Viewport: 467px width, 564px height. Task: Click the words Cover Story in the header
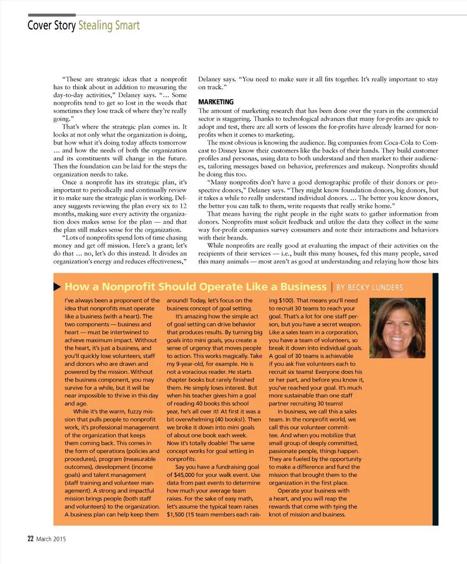pyautogui.click(x=52, y=25)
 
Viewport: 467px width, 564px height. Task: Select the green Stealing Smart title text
pyautogui.click(x=109, y=25)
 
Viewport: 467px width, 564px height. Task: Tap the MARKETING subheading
pyautogui.click(x=216, y=102)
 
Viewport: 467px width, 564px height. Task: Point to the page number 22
pyautogui.click(x=31, y=539)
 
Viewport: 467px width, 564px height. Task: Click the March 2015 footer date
pyautogui.click(x=51, y=539)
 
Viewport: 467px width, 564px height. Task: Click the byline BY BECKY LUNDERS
pyautogui.click(x=369, y=288)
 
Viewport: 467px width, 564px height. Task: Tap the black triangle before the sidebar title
pyautogui.click(x=57, y=287)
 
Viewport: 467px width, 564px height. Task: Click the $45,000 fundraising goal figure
pyautogui.click(x=185, y=475)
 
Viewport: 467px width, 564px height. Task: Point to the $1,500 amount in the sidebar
pyautogui.click(x=175, y=515)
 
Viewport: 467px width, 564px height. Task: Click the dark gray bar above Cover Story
pyautogui.click(x=52, y=15)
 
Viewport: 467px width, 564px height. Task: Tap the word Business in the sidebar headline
pyautogui.click(x=303, y=287)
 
